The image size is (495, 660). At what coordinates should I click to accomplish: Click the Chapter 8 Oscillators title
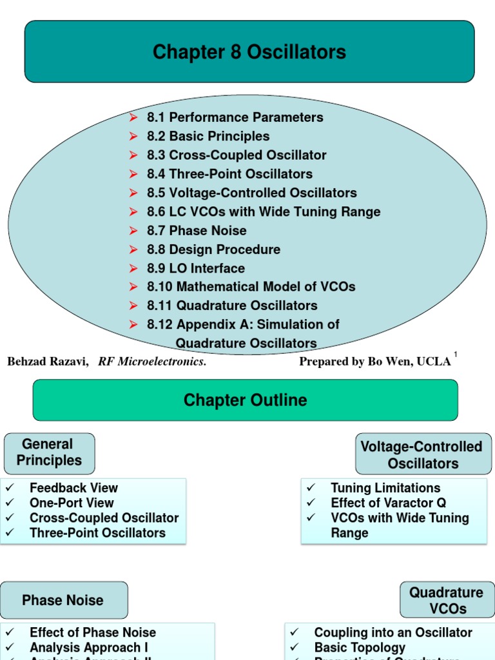[249, 52]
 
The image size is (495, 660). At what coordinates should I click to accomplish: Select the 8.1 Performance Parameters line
[235, 117]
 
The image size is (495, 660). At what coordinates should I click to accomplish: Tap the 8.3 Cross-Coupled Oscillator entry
[237, 155]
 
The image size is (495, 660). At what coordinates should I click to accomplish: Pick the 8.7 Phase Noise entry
[197, 231]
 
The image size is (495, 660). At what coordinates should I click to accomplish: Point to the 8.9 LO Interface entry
[196, 268]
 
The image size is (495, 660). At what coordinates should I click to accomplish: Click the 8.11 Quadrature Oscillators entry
[232, 306]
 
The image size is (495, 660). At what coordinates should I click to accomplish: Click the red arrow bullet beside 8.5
[133, 193]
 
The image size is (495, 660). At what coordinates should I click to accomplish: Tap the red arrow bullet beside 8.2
[133, 136]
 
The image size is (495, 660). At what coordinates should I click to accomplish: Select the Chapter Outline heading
[245, 400]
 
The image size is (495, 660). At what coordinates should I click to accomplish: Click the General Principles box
[49, 452]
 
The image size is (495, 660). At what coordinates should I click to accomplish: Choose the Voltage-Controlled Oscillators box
[423, 455]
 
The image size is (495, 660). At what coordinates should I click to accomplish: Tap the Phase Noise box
[63, 600]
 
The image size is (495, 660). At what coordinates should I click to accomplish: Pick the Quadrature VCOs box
[446, 600]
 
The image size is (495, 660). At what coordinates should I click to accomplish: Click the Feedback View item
[73, 489]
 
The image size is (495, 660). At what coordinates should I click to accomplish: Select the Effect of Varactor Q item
[388, 503]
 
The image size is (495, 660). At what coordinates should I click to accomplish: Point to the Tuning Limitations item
[385, 489]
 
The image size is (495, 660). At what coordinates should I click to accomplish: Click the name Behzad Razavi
[48, 362]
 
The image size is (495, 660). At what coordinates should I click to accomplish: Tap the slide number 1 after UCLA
[456, 355]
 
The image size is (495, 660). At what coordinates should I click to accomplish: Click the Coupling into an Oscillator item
[393, 633]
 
